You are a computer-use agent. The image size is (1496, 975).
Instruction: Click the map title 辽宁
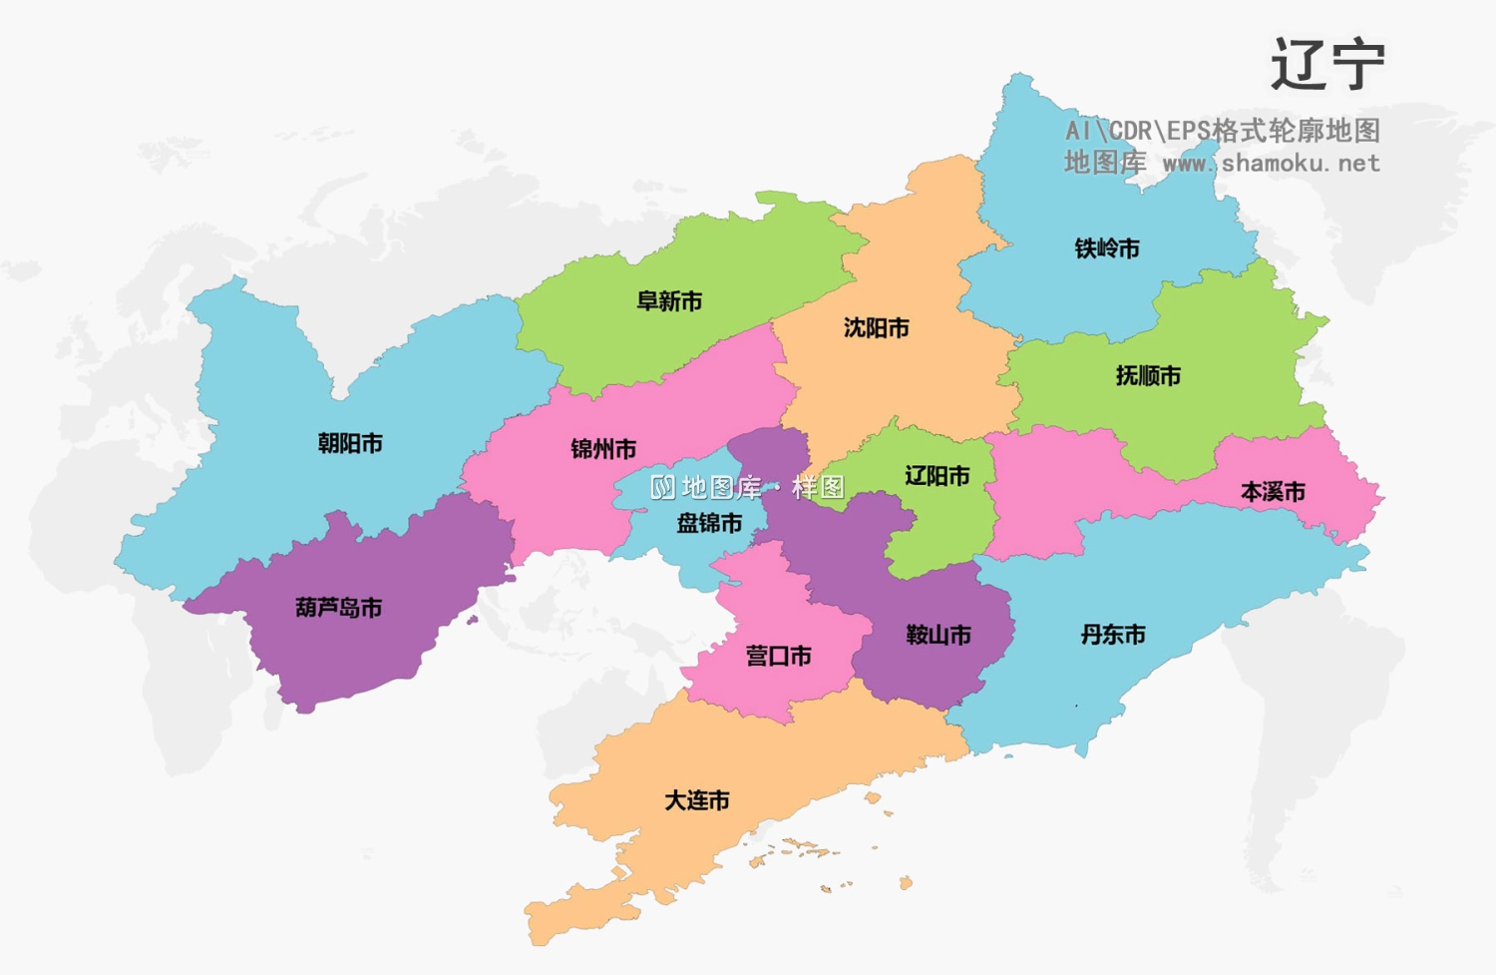click(1327, 65)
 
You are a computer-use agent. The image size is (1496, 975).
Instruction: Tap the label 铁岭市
click(1107, 248)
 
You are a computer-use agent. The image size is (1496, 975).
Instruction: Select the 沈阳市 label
click(877, 328)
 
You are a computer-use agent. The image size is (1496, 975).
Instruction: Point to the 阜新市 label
click(669, 301)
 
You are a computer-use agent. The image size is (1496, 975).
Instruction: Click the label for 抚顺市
click(1148, 376)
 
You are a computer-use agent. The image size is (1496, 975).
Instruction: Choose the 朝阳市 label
click(350, 443)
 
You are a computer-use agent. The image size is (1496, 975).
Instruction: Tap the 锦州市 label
click(603, 449)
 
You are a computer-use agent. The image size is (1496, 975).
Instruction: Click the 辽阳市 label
click(937, 476)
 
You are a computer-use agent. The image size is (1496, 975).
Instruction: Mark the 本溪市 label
click(1273, 492)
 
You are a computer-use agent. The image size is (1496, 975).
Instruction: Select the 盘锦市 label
click(709, 523)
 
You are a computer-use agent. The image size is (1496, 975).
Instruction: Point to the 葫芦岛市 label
click(339, 608)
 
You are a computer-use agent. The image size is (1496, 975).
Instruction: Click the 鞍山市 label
click(938, 635)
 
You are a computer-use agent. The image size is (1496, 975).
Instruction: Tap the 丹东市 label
click(1113, 635)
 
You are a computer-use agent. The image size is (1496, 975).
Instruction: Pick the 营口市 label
click(779, 656)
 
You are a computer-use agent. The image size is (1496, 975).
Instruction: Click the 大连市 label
click(697, 800)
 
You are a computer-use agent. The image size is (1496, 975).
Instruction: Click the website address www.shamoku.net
click(1271, 163)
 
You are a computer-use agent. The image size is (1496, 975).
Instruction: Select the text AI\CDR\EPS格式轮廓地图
click(1223, 131)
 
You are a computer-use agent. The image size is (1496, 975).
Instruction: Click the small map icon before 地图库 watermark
click(662, 487)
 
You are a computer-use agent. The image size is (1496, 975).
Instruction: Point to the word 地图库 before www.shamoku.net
click(1105, 163)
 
